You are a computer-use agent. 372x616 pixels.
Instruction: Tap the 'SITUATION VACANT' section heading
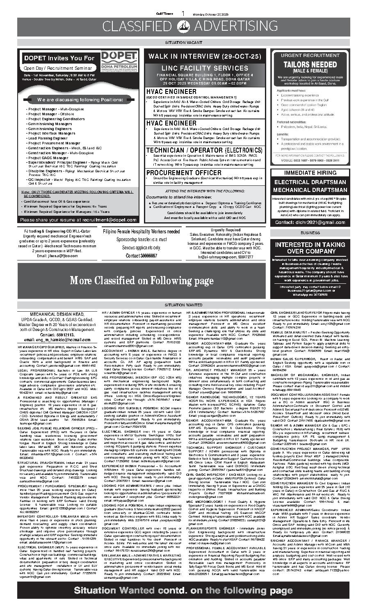pyautogui.click(x=185, y=42)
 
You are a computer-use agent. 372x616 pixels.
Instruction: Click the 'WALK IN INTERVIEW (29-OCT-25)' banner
pyautogui.click(x=205, y=56)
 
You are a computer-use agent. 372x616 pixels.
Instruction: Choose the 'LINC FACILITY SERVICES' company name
pyautogui.click(x=205, y=67)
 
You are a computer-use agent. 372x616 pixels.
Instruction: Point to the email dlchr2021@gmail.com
pyautogui.click(x=310, y=222)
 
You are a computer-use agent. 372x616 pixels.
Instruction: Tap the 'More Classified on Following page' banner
pyautogui.click(x=141, y=281)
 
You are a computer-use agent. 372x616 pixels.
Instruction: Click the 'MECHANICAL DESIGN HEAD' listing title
pyautogui.click(x=57, y=314)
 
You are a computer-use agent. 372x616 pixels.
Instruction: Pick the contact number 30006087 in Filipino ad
pyautogui.click(x=141, y=256)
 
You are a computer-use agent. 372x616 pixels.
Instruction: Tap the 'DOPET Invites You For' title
pyautogui.click(x=59, y=58)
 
